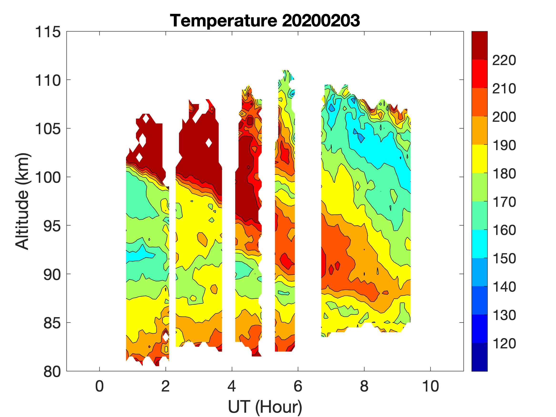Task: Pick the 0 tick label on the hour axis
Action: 100,386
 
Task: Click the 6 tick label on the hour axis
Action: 298,386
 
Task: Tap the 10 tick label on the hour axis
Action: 430,386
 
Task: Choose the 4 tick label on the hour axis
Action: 232,386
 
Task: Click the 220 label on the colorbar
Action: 504,60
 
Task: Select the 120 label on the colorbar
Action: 504,343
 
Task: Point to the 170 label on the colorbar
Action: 504,202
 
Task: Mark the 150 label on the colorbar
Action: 504,258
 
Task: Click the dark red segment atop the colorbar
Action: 479,45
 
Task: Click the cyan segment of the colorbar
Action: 479,244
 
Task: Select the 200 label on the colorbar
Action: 504,117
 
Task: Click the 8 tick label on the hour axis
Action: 364,386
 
